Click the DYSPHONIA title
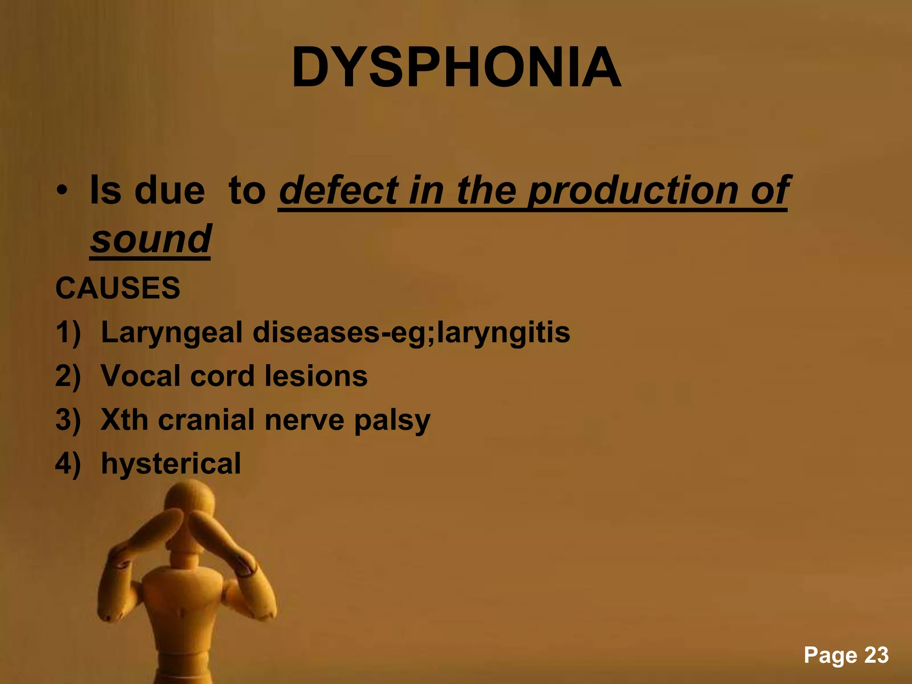pyautogui.click(x=456, y=68)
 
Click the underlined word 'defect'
pyautogui.click(x=338, y=191)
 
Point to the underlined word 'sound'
pyautogui.click(x=151, y=239)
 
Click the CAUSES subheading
pyautogui.click(x=118, y=288)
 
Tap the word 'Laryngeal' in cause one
pyautogui.click(x=171, y=333)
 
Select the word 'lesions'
pyautogui.click(x=316, y=376)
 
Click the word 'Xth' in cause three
pyautogui.click(x=124, y=419)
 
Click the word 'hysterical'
pyautogui.click(x=171, y=464)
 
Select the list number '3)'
pyautogui.click(x=68, y=420)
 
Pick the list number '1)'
pyautogui.click(x=68, y=333)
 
